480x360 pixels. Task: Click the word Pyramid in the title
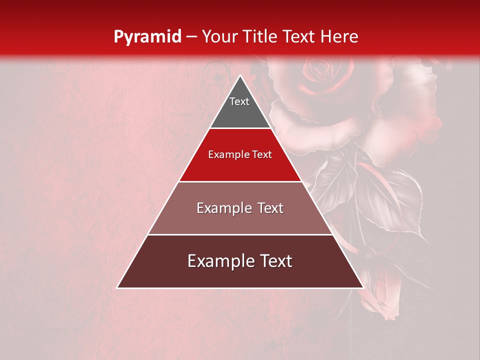click(147, 37)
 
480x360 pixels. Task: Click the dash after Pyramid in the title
click(191, 37)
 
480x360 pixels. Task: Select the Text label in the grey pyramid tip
click(239, 101)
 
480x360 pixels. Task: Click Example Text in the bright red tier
click(240, 154)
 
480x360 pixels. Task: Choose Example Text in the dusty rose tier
click(240, 208)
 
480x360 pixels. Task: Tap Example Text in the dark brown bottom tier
click(240, 261)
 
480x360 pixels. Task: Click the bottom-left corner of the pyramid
click(118, 287)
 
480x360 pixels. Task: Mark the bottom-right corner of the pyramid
click(362, 287)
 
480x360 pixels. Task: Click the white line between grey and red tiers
click(240, 128)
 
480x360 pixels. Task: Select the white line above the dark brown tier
click(240, 234)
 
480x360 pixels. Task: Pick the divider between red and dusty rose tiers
click(240, 181)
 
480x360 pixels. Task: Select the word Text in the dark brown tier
click(275, 261)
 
